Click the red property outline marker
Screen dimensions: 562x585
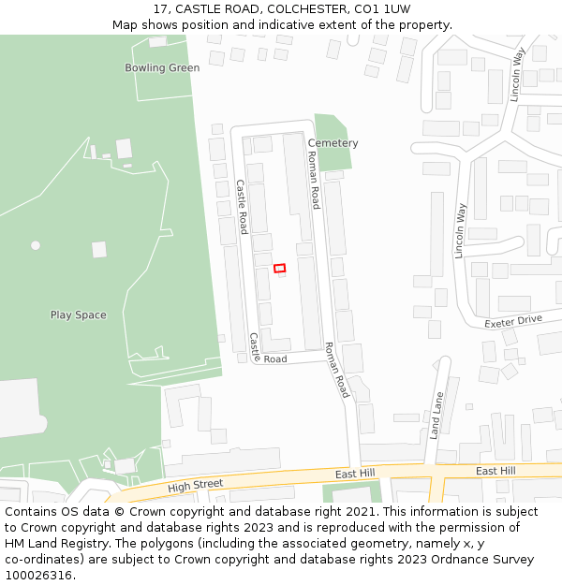pos(279,269)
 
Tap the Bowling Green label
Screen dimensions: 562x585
pos(162,67)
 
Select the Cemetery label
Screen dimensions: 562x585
pos(333,143)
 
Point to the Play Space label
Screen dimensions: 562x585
pos(78,315)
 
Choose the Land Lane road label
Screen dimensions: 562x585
pos(436,416)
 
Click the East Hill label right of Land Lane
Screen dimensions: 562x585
pos(495,471)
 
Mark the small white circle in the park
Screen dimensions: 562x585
pos(36,245)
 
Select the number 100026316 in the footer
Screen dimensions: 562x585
pos(40,576)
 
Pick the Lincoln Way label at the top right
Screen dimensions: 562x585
pos(517,75)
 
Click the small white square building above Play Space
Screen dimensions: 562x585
pos(99,249)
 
